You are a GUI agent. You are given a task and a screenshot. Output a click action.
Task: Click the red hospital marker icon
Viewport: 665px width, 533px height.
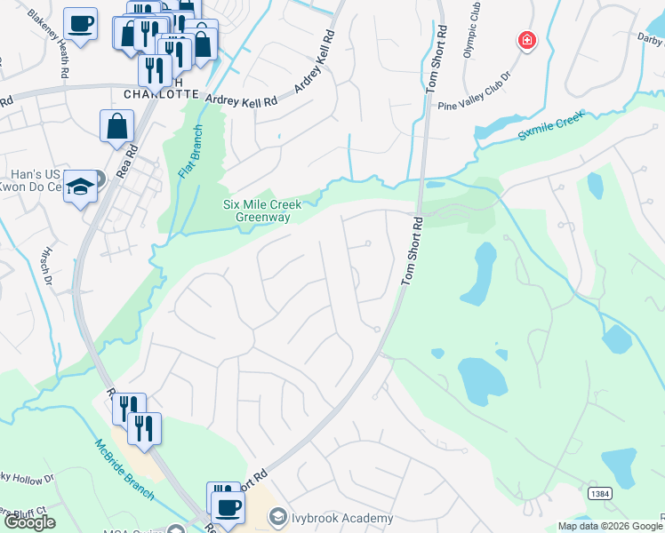[x=527, y=41]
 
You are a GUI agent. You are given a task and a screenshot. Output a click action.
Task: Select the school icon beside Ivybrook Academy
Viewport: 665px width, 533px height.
[x=277, y=518]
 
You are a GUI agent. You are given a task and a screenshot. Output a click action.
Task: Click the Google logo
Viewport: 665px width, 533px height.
[x=29, y=522]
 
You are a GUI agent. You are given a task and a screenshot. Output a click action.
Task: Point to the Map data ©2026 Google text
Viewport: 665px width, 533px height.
[x=610, y=526]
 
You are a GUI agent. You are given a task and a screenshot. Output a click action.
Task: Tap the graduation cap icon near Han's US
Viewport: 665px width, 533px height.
[x=80, y=187]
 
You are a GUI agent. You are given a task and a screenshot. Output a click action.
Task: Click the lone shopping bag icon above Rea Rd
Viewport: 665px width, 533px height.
[x=116, y=126]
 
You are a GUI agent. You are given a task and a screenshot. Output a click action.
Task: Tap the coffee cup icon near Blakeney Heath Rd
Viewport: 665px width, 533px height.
[x=80, y=23]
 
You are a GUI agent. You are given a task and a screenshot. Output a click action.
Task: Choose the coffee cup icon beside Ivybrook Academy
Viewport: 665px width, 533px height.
[x=228, y=507]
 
